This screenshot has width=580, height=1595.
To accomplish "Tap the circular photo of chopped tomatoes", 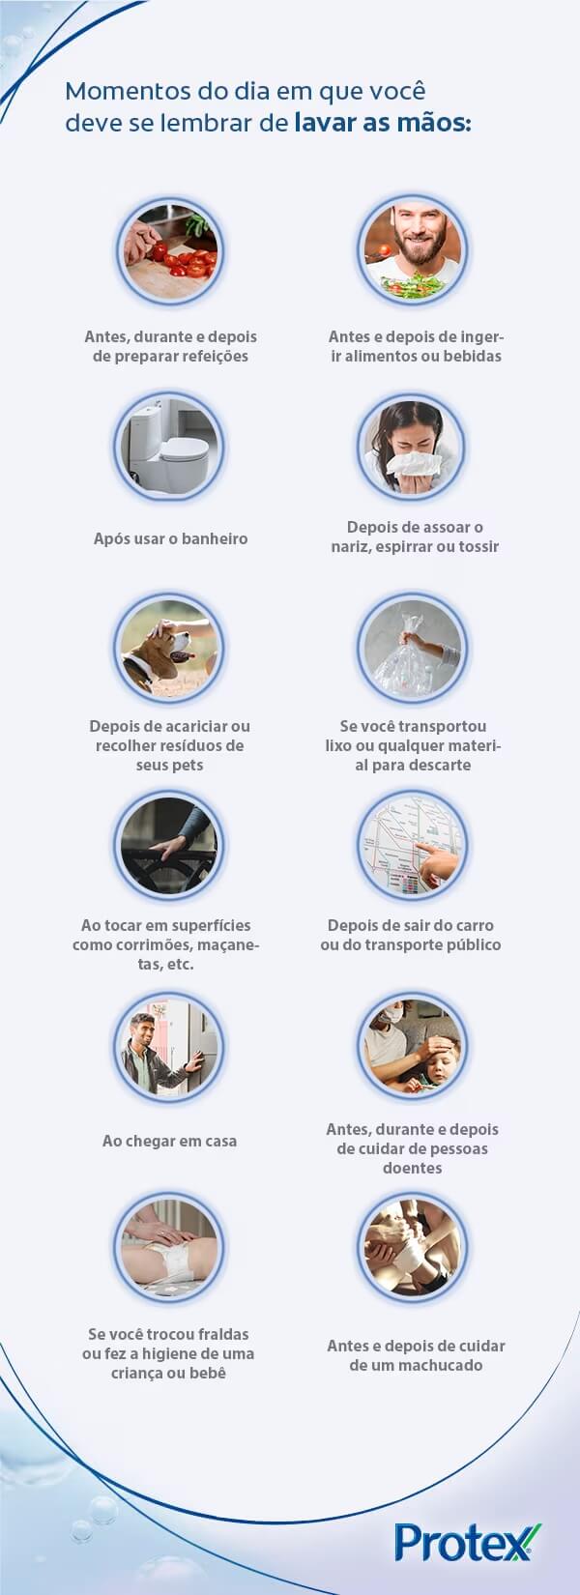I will (169, 250).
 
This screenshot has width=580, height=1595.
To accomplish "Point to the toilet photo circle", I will (169, 448).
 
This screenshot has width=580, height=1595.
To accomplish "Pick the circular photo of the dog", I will (169, 647).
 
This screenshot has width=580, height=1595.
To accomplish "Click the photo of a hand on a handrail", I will (169, 846).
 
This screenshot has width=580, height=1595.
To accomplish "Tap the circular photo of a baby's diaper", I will (169, 1248).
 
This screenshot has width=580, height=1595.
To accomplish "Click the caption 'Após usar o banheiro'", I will (170, 538).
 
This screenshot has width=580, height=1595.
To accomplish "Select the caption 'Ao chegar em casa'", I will (169, 1141).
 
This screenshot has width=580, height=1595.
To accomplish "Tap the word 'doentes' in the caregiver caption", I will (413, 1168).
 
